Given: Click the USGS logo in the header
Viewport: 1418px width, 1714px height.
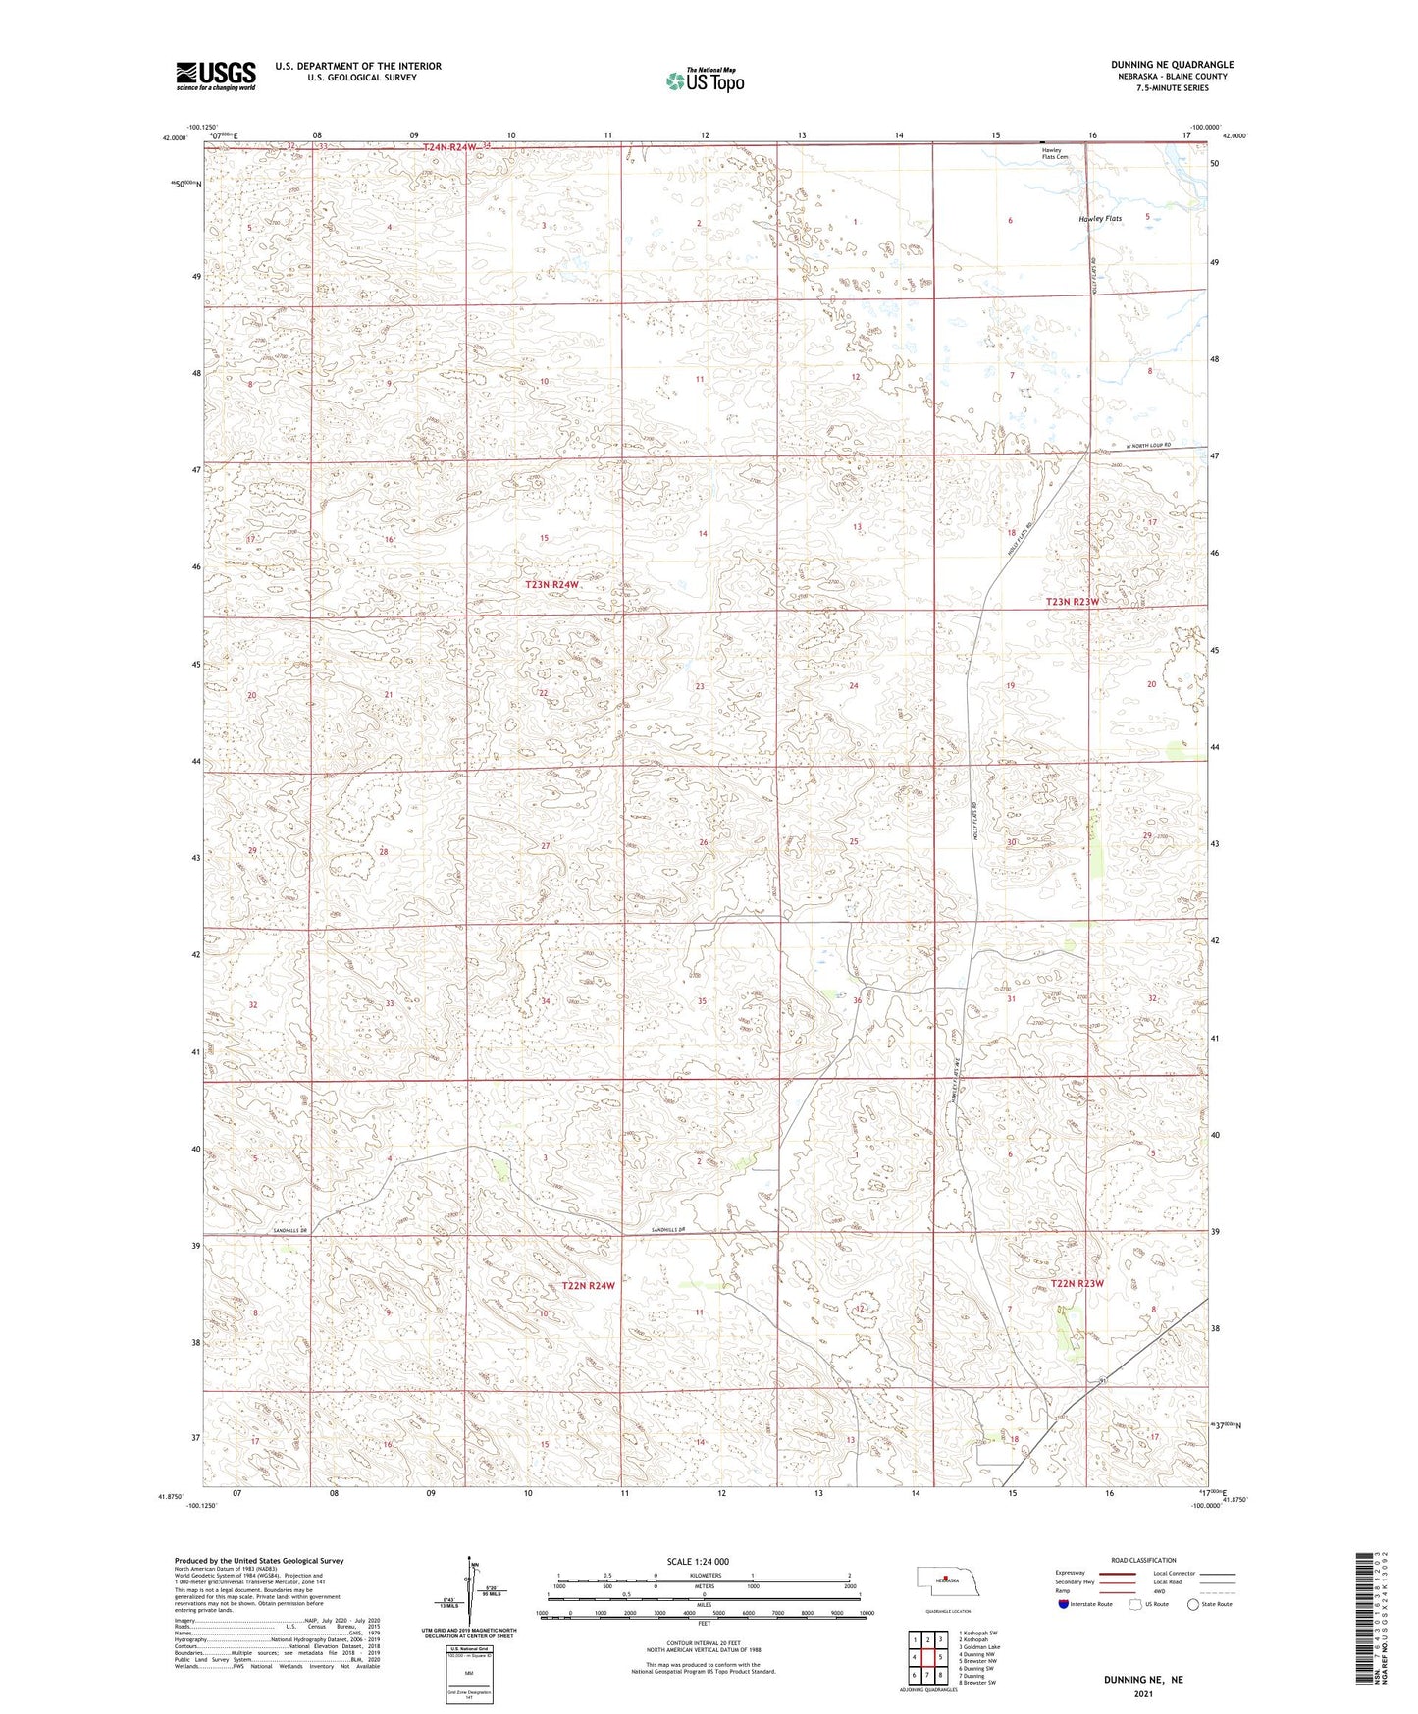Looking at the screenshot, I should pyautogui.click(x=216, y=76).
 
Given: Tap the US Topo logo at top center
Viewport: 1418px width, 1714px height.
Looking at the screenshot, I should pyautogui.click(x=705, y=80).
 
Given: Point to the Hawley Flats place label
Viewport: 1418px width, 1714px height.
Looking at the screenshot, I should pyautogui.click(x=1099, y=219).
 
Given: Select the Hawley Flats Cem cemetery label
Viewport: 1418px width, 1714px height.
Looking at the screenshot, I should pyautogui.click(x=1056, y=154).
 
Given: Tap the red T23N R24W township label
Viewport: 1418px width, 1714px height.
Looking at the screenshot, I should pyautogui.click(x=551, y=584).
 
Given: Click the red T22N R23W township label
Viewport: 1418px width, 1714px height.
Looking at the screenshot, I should pyautogui.click(x=1077, y=1284).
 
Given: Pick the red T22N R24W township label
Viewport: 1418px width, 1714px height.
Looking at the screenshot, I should pyautogui.click(x=589, y=1285).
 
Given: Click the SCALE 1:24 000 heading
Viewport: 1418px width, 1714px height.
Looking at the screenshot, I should pyautogui.click(x=698, y=1561).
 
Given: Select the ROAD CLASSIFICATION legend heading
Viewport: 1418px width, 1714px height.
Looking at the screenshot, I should pyautogui.click(x=1143, y=1560).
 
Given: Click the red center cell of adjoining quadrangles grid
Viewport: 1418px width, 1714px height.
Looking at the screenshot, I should pyautogui.click(x=927, y=1656).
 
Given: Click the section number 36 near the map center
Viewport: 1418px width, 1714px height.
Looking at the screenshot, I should pyautogui.click(x=857, y=1000).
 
